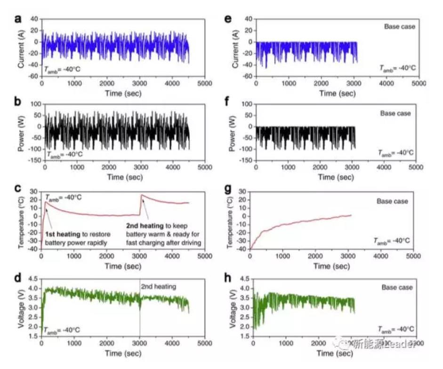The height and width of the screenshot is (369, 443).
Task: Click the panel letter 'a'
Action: (18, 19)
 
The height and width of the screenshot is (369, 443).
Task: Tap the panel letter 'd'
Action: (18, 278)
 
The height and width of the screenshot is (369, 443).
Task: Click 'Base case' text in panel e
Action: (400, 26)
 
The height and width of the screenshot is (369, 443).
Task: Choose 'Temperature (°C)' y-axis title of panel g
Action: (232, 221)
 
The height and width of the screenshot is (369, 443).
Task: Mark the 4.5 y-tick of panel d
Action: (33, 281)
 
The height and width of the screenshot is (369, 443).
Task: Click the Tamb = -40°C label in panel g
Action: (394, 241)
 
